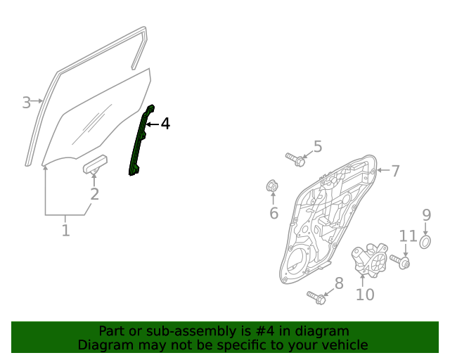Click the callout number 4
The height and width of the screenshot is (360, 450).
(165, 124)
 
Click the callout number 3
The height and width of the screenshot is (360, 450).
(26, 103)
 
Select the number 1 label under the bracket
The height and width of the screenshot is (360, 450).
(65, 230)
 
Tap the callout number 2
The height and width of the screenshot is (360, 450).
(94, 194)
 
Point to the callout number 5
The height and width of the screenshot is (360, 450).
(318, 146)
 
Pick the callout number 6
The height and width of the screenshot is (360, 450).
(274, 212)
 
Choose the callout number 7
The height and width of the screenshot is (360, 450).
(395, 170)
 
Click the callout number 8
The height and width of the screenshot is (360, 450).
(338, 283)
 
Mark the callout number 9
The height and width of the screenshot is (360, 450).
(426, 214)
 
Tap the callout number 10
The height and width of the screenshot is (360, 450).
(365, 295)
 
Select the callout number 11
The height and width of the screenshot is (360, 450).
(408, 236)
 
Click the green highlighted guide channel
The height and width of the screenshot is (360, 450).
(141, 141)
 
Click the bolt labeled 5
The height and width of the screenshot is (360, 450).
(295, 159)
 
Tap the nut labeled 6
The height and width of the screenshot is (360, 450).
(273, 186)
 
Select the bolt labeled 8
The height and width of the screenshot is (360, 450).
(316, 297)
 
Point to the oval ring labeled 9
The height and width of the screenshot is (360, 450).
(425, 243)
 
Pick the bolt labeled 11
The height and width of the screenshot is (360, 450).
(401, 262)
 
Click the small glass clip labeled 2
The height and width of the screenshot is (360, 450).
(95, 165)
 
